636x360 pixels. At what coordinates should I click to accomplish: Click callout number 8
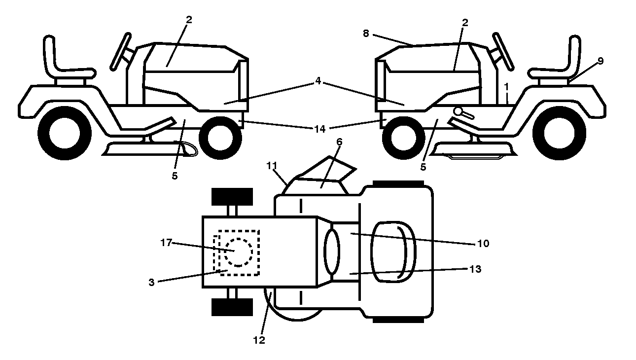[366, 34]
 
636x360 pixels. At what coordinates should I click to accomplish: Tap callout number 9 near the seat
[600, 61]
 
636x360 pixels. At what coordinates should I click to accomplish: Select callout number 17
[166, 243]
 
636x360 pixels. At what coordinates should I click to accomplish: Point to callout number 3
[151, 282]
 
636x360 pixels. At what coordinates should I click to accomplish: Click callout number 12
[259, 340]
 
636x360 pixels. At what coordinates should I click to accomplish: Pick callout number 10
[483, 243]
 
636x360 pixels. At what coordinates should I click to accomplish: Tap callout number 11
[272, 166]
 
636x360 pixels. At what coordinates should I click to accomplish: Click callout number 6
[339, 142]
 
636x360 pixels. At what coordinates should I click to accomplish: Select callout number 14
[320, 129]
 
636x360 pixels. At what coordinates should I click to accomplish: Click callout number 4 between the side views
[318, 81]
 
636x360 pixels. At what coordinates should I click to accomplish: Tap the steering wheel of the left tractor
[121, 51]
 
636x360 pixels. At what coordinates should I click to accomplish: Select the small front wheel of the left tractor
[220, 138]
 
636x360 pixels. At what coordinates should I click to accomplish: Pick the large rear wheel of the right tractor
[560, 133]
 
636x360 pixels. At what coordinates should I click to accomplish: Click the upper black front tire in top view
[232, 196]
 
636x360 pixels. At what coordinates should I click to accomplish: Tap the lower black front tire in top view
[232, 307]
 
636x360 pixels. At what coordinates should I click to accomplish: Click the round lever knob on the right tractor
[458, 111]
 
